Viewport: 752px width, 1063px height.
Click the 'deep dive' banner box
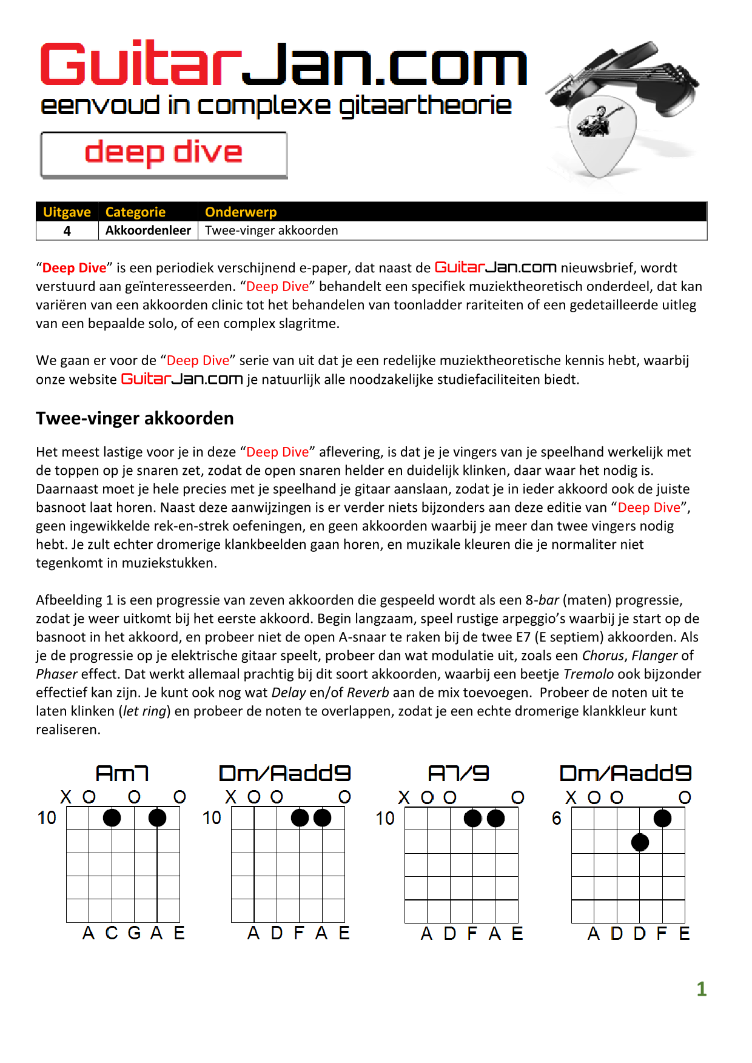164,155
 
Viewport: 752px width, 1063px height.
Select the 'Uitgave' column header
67,212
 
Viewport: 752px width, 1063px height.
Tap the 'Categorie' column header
135,212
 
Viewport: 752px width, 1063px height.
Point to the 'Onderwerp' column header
241,212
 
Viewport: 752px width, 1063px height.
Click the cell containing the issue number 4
67,231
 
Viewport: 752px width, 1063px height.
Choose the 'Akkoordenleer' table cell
148,230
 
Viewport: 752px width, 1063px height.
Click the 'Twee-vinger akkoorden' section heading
135,418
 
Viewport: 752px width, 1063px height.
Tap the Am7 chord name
122,774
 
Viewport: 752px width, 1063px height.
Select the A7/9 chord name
458,774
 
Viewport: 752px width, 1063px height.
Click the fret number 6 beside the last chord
557,819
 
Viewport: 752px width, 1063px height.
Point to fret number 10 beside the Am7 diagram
47,818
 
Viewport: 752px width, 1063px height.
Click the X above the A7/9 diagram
404,797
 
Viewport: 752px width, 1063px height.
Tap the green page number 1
702,989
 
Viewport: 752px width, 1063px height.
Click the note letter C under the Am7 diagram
112,933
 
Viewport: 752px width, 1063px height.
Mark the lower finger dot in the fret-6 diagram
640,842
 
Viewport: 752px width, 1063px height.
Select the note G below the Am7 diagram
134,933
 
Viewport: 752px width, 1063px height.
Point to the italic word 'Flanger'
654,656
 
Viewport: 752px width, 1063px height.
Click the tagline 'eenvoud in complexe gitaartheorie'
276,106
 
